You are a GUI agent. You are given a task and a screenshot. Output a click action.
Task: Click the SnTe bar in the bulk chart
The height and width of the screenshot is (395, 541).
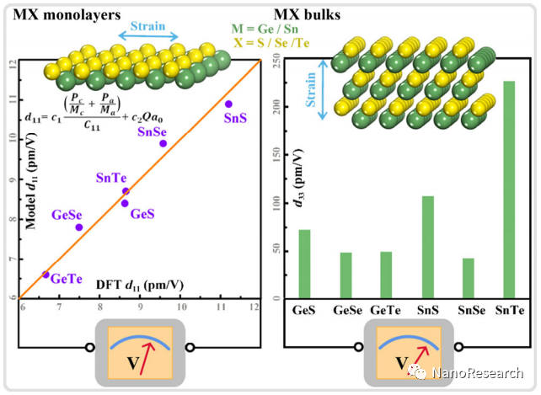(x=507, y=189)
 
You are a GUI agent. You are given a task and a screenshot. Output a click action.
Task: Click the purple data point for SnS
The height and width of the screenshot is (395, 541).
(x=228, y=104)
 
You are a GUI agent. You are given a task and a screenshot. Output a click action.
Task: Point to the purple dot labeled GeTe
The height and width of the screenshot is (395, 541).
(x=46, y=274)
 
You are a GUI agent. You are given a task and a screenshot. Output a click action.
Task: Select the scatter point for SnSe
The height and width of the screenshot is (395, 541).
(x=163, y=143)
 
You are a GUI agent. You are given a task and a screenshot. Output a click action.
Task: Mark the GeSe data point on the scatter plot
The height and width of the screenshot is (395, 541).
(x=79, y=227)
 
